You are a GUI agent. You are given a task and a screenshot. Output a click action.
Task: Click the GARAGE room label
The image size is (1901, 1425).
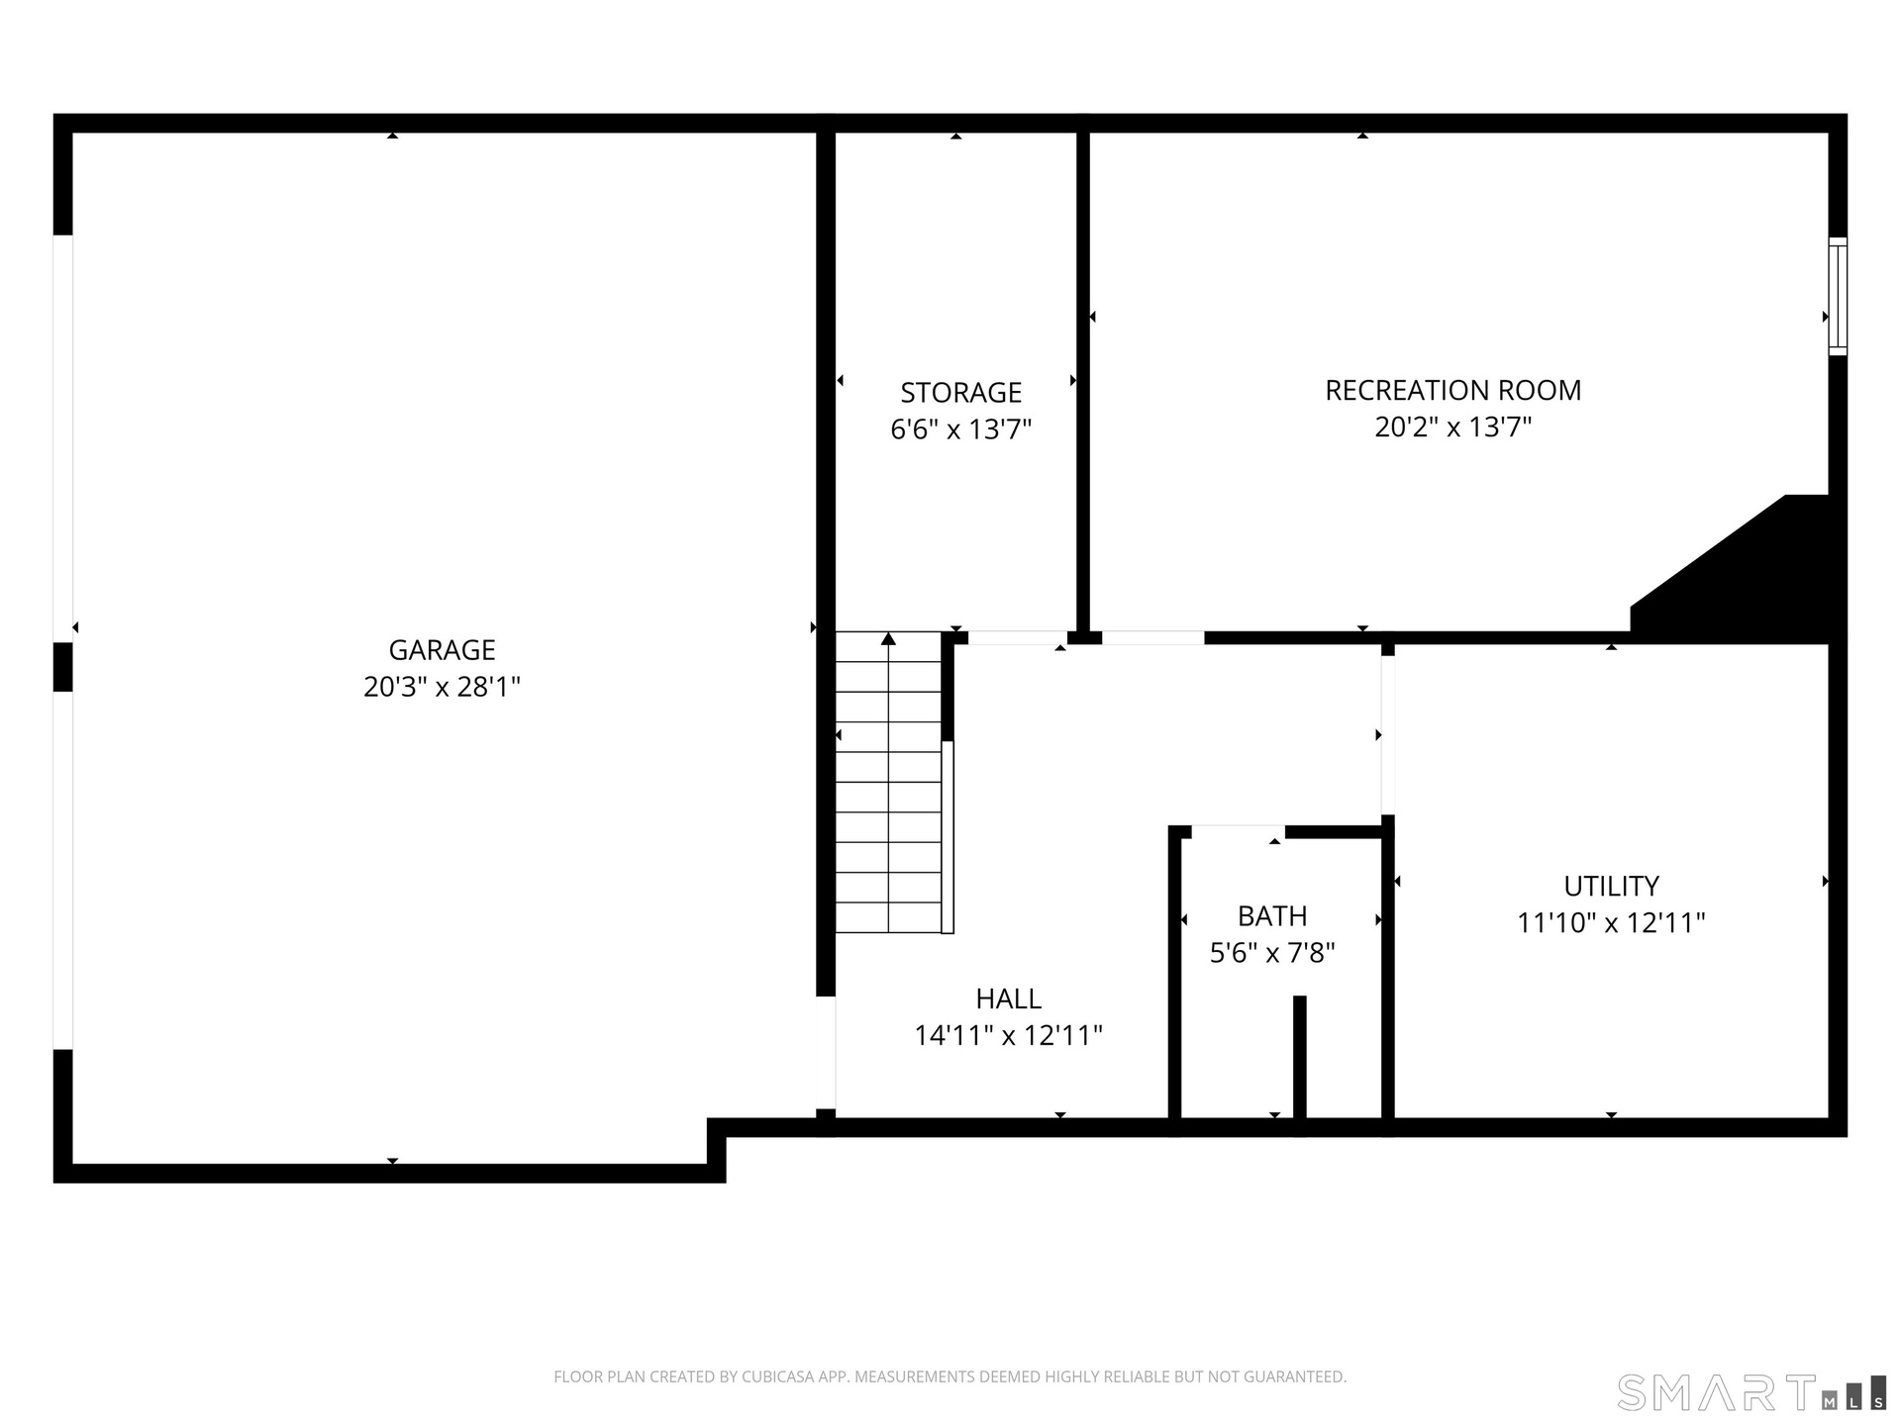[x=442, y=650]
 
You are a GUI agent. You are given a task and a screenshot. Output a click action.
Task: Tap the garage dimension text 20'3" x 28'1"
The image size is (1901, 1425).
[x=442, y=687]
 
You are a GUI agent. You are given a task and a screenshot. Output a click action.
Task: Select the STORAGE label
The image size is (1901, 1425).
[x=960, y=393]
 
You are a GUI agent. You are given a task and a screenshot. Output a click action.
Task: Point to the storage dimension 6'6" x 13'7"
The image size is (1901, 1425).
[x=960, y=429]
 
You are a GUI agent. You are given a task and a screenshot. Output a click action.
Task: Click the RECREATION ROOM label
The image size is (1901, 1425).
[x=1452, y=390]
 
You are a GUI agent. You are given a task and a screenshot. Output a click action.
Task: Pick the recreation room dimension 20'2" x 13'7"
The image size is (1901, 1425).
[x=1452, y=427]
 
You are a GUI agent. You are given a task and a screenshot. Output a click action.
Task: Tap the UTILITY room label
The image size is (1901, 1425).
[x=1611, y=886]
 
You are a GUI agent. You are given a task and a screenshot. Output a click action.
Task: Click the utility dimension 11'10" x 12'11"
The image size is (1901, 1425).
[x=1611, y=922]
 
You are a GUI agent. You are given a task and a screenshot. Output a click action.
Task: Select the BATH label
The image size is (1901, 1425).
[x=1272, y=916]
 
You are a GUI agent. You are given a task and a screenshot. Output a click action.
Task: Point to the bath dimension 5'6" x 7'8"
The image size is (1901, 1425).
[x=1272, y=953]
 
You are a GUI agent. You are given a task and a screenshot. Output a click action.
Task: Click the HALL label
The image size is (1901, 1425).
[x=1008, y=998]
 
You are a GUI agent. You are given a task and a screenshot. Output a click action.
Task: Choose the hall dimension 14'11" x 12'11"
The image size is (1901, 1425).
[x=1008, y=1035]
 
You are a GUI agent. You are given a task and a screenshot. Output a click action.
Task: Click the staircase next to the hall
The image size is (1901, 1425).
[x=888, y=782]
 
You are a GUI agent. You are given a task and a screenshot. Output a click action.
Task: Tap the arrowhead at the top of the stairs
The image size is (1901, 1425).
[x=888, y=638]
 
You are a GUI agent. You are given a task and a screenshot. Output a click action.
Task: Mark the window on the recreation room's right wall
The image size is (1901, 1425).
[x=1838, y=296]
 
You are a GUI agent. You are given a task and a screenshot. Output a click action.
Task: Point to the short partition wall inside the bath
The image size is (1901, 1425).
[x=1300, y=1057]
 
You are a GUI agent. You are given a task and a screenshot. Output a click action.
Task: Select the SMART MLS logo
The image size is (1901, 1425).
[x=1751, y=1392]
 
